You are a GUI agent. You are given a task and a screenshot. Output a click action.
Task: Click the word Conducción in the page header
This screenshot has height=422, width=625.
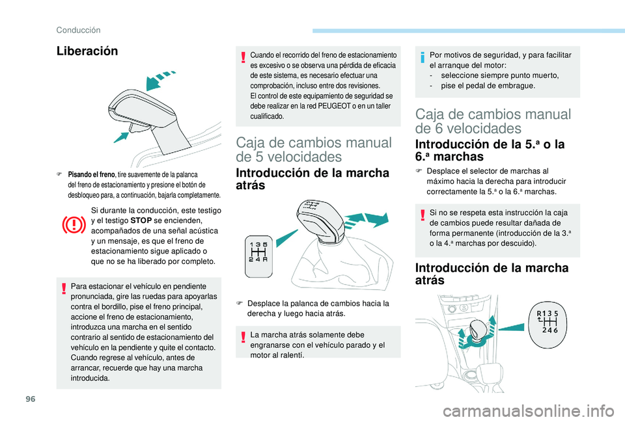click(x=77, y=29)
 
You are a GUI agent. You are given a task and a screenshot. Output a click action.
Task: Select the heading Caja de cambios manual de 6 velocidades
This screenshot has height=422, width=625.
click(x=493, y=121)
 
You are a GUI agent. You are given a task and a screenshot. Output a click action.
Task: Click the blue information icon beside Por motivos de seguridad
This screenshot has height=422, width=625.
click(x=422, y=57)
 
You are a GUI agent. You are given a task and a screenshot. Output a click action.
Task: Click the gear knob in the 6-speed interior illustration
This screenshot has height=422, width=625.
click(x=479, y=328)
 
